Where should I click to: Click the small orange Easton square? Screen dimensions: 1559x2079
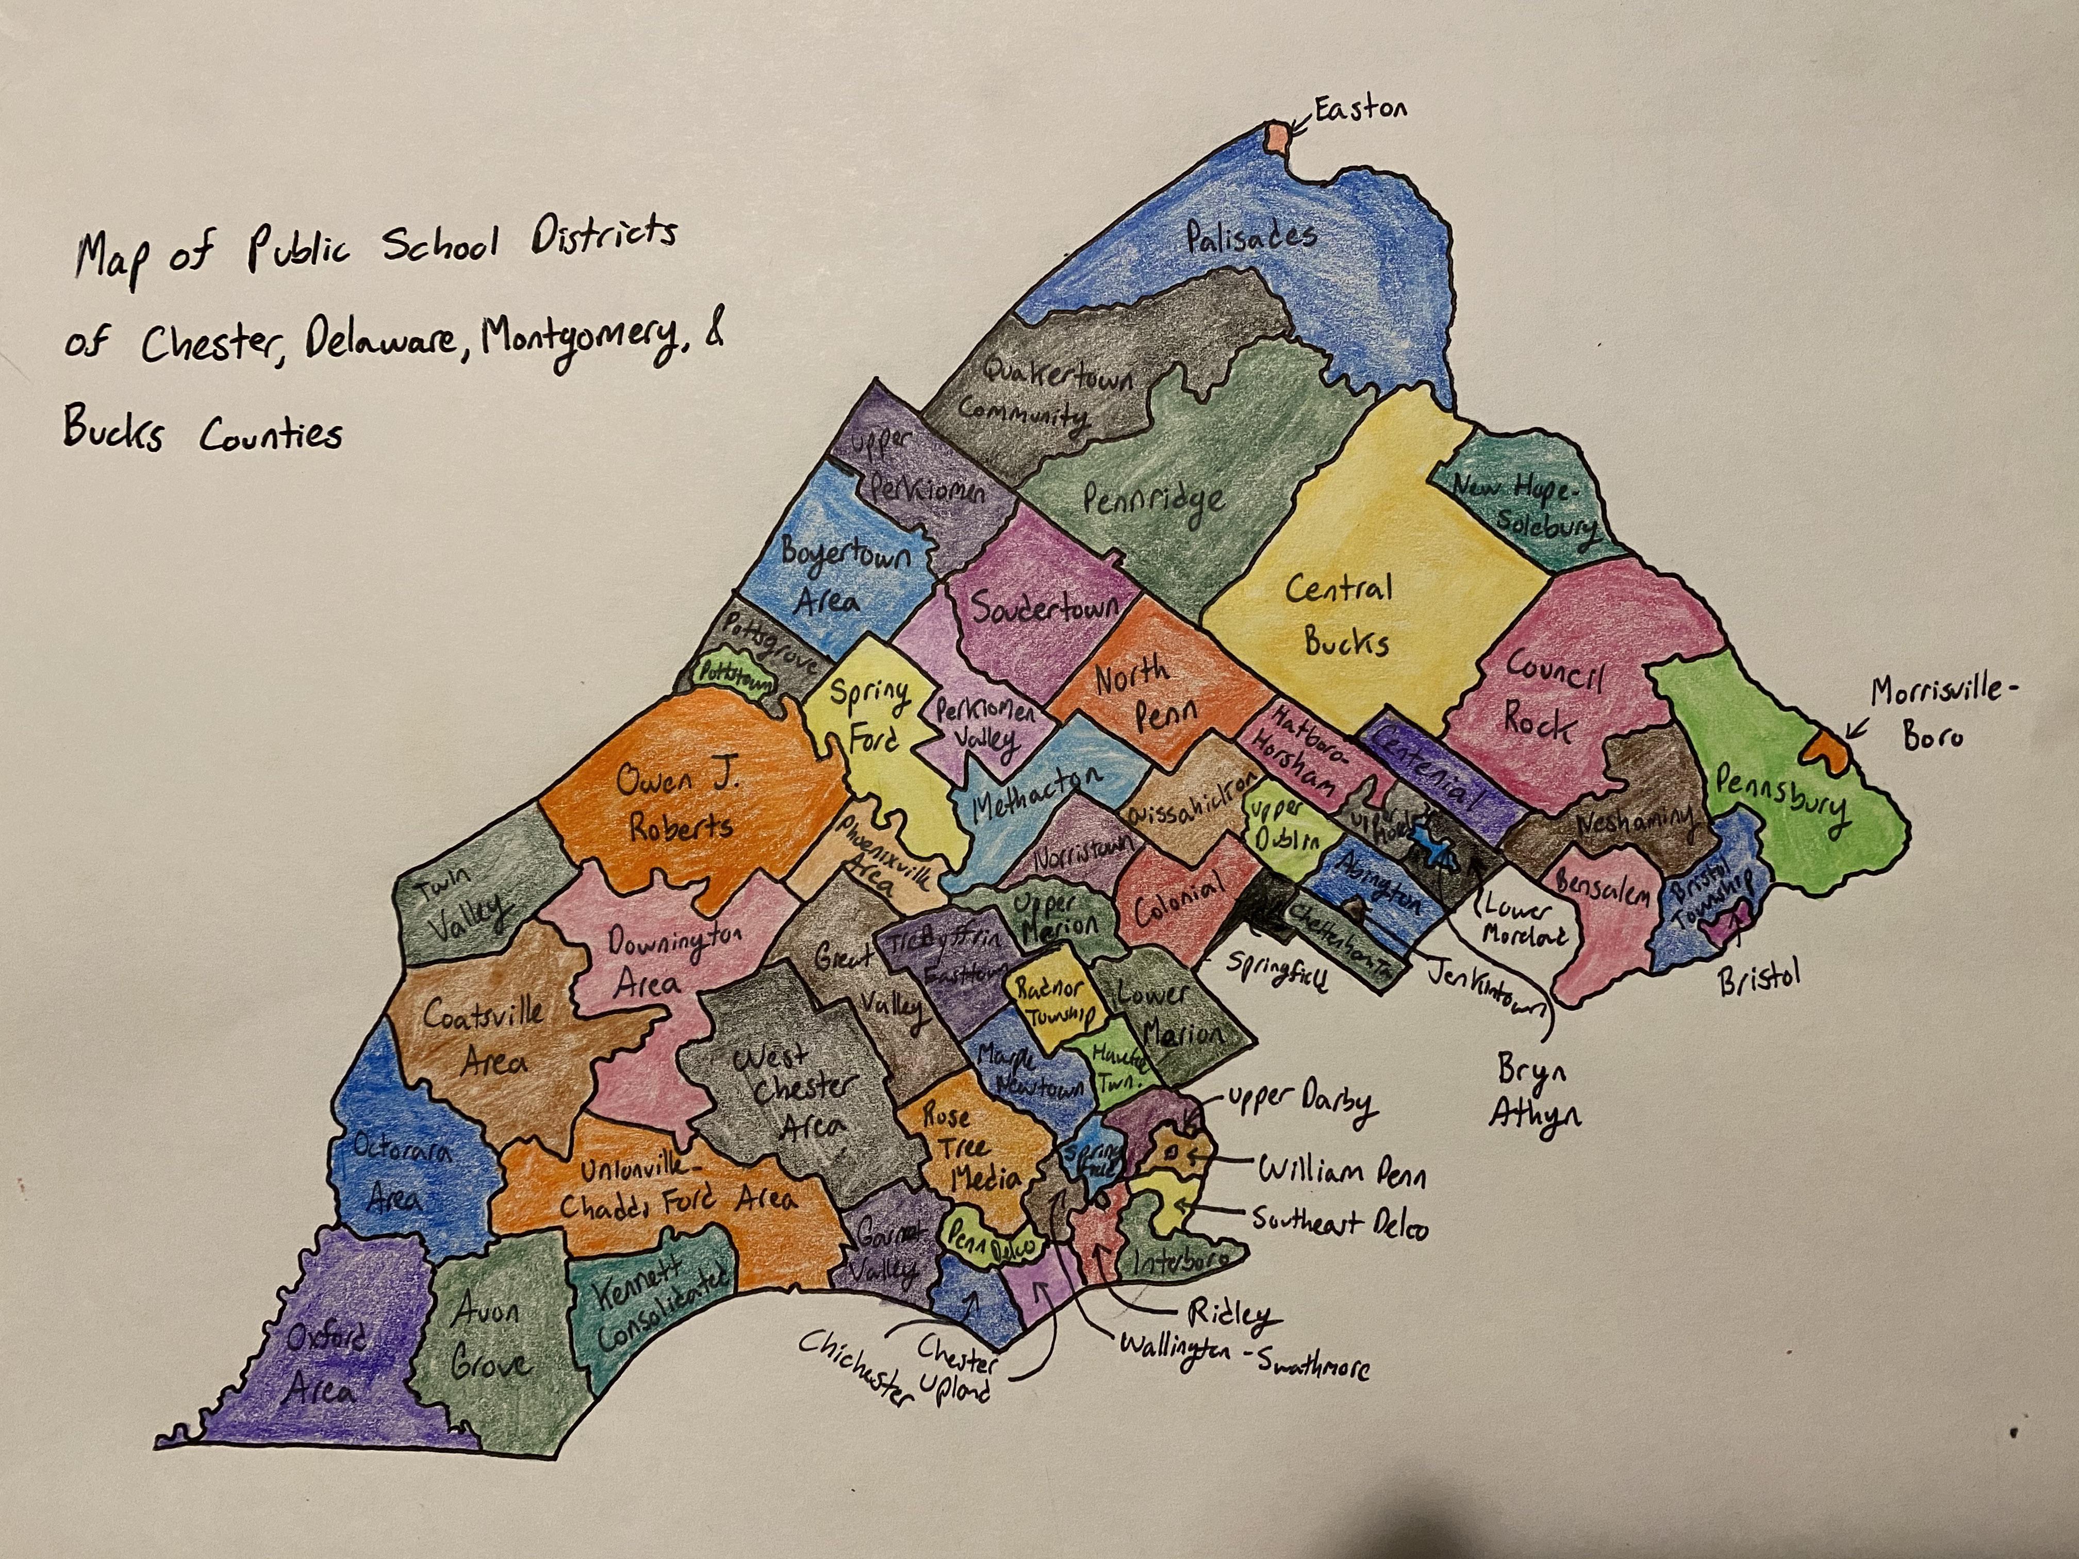pos(1276,137)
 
